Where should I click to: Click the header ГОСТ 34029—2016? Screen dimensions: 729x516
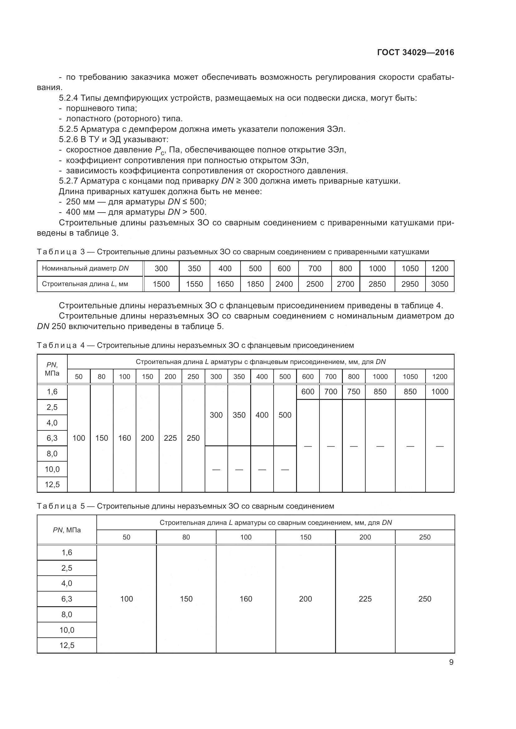(x=416, y=52)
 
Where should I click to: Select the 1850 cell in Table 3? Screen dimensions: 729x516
(x=255, y=284)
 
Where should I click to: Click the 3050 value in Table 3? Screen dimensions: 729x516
(x=440, y=284)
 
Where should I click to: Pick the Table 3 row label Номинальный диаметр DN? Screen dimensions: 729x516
(x=85, y=268)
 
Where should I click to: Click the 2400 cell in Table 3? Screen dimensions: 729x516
(x=284, y=284)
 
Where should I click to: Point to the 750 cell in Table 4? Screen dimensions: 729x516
(x=354, y=391)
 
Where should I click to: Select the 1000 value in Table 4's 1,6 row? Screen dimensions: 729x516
(x=440, y=391)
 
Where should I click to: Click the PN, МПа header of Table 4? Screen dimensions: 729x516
(x=52, y=369)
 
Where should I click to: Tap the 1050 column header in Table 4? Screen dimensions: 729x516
(x=410, y=376)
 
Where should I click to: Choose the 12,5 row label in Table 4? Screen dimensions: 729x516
(x=52, y=485)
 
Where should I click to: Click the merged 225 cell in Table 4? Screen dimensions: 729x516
(x=170, y=438)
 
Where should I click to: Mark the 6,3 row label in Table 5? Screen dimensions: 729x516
(x=67, y=599)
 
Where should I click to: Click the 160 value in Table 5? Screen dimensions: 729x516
(x=246, y=599)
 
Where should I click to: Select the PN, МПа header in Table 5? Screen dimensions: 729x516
(x=67, y=530)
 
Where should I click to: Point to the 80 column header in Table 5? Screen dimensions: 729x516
(x=186, y=537)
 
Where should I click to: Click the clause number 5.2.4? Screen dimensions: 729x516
(x=68, y=98)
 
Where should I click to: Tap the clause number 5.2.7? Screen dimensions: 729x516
(x=68, y=181)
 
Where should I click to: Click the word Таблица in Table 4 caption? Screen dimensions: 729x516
(x=56, y=345)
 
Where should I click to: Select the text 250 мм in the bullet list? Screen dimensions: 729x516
(x=80, y=202)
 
